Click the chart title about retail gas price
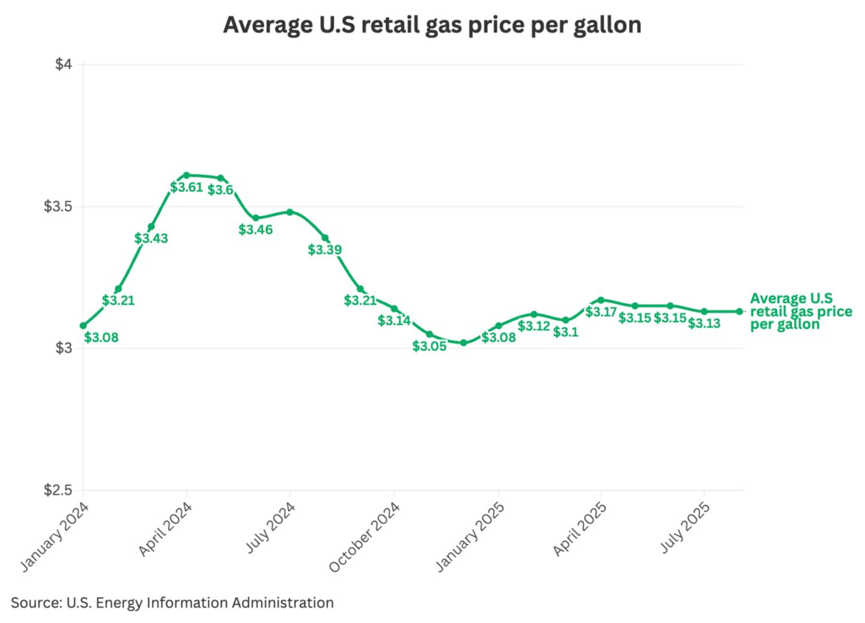pyautogui.click(x=432, y=25)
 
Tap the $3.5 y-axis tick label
pyautogui.click(x=58, y=207)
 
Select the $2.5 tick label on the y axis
pyautogui.click(x=58, y=490)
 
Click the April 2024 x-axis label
pyautogui.click(x=166, y=529)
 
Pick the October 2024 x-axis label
pyautogui.click(x=365, y=536)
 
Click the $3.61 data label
pyautogui.click(x=186, y=187)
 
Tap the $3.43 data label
pyautogui.click(x=151, y=239)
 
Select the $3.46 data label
pyautogui.click(x=255, y=229)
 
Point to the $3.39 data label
pyautogui.click(x=325, y=250)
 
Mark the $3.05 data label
pyautogui.click(x=429, y=346)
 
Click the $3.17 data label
pyautogui.click(x=601, y=312)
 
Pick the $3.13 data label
pyautogui.click(x=704, y=324)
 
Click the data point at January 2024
pyautogui.click(x=83, y=326)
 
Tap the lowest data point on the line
pyautogui.click(x=463, y=342)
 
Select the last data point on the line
pyautogui.click(x=739, y=311)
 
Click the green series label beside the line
pyautogui.click(x=801, y=311)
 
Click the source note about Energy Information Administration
pyautogui.click(x=172, y=603)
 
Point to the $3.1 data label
pyautogui.click(x=565, y=332)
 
